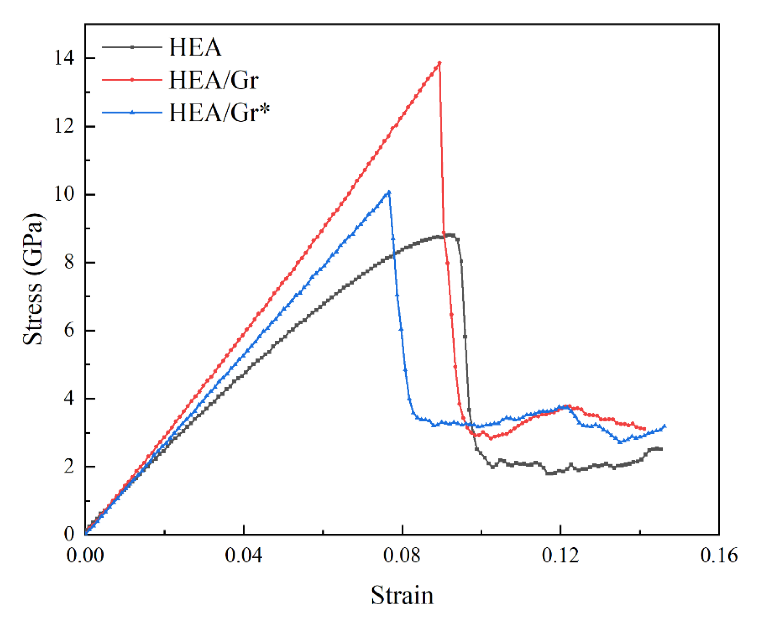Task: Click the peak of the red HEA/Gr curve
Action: click(439, 63)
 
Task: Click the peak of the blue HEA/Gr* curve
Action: click(389, 192)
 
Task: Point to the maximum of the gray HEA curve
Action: click(450, 235)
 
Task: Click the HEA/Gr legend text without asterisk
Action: click(214, 80)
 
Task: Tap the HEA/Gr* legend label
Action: click(219, 112)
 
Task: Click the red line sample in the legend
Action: click(132, 80)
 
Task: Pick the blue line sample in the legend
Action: click(132, 112)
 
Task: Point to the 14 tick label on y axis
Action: click(64, 58)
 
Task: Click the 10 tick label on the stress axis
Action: click(64, 194)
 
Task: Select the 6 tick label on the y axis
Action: click(69, 331)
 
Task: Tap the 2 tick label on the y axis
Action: click(69, 467)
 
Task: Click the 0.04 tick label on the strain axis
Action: click(243, 555)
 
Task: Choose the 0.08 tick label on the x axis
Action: click(402, 555)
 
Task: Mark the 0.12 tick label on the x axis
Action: click(560, 555)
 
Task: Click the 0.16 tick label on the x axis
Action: click(719, 555)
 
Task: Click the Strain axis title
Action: click(402, 595)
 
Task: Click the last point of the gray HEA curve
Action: click(661, 449)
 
